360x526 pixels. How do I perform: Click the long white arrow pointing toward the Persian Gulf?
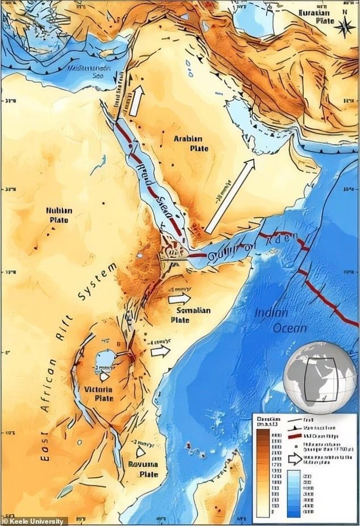pos(229,196)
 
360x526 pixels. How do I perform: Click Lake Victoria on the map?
pos(104,361)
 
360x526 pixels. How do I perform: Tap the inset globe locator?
pos(320,377)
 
